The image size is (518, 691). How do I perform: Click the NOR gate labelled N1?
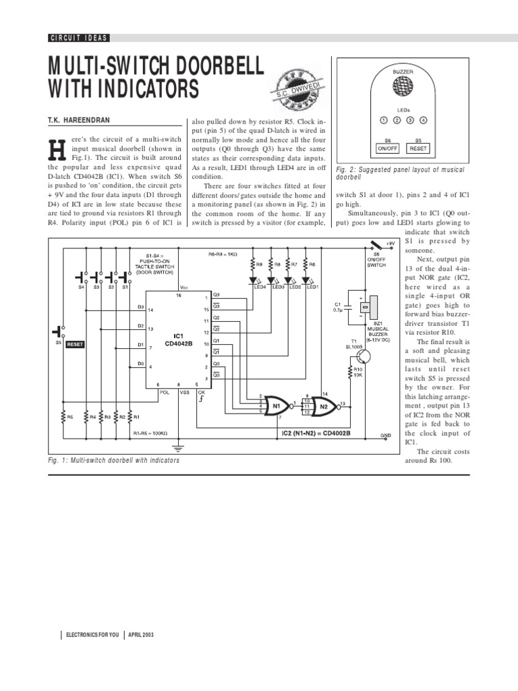pyautogui.click(x=275, y=404)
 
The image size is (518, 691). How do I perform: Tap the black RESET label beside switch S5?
pyautogui.click(x=75, y=343)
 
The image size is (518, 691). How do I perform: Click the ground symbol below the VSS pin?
pyautogui.click(x=178, y=445)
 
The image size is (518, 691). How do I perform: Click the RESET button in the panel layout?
pyautogui.click(x=418, y=147)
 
